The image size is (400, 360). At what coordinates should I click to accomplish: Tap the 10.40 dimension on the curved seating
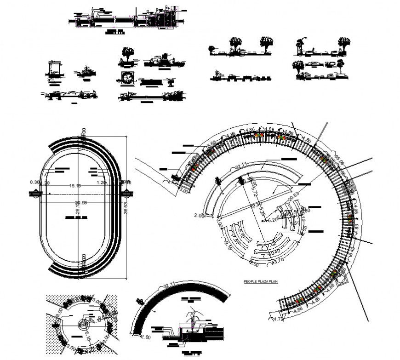(x=274, y=252)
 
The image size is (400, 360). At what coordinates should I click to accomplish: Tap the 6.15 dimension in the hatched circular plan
(x=87, y=339)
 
